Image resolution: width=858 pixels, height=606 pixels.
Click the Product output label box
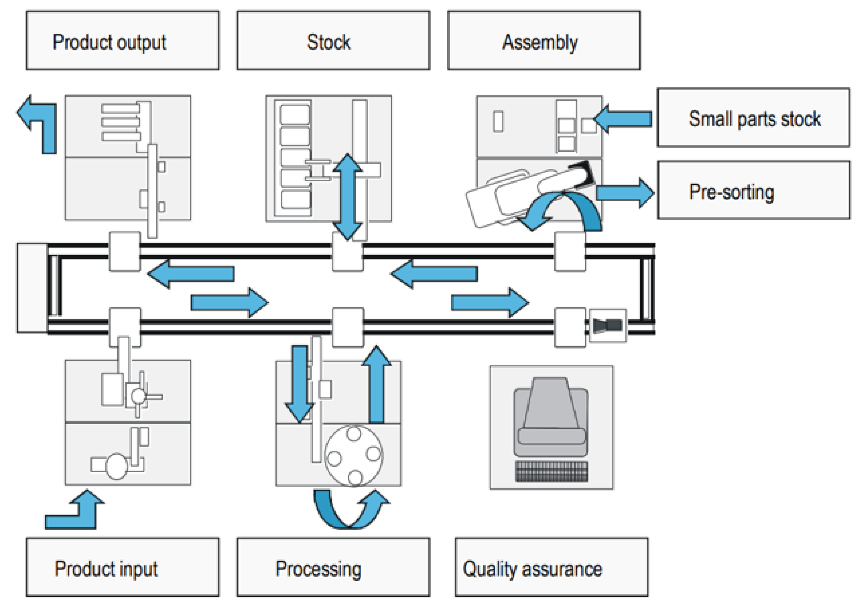click(x=123, y=40)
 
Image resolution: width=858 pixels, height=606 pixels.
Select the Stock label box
click(x=333, y=40)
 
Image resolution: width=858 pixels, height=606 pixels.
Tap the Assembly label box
click(x=544, y=40)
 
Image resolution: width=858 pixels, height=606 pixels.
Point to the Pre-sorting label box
click(x=754, y=190)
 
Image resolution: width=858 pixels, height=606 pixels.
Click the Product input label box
click(x=123, y=567)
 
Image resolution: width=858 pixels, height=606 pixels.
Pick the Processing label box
click(x=333, y=567)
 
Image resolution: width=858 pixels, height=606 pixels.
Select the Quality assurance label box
click(x=552, y=567)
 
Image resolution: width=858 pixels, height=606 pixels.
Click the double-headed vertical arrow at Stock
click(x=347, y=197)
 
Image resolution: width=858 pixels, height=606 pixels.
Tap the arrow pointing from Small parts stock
click(x=622, y=119)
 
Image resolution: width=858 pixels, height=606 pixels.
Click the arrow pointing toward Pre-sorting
click(x=625, y=193)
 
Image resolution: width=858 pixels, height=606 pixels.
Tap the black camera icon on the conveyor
click(x=608, y=325)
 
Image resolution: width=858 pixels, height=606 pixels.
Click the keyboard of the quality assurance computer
click(x=551, y=471)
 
